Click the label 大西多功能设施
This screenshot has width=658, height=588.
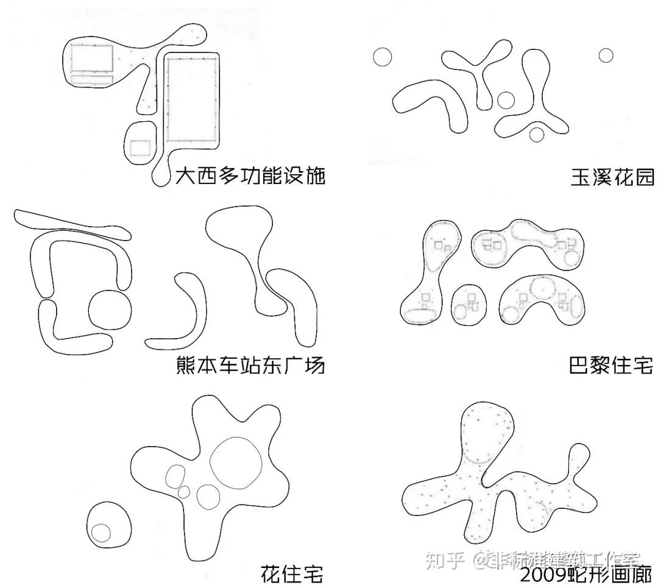coord(250,176)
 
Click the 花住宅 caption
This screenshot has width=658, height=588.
coord(291,573)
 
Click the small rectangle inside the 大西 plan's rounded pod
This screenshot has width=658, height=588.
coord(140,147)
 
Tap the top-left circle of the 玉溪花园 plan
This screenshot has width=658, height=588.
coord(382,57)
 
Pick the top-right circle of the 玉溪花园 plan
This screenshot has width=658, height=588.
coord(606,55)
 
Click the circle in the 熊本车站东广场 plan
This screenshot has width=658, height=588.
coord(110,310)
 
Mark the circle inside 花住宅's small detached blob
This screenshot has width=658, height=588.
coord(101,532)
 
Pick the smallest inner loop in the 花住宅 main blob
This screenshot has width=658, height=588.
coord(183,491)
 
